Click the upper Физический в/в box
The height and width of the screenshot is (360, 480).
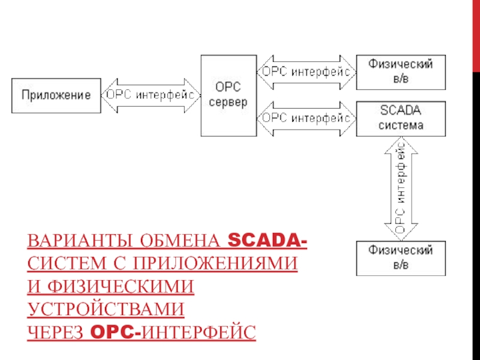pyautogui.click(x=401, y=71)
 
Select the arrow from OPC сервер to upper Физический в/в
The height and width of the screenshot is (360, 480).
pyautogui.click(x=306, y=71)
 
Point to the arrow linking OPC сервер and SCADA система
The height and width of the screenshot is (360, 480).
pyautogui.click(x=306, y=118)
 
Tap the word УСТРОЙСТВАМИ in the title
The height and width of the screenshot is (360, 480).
pyautogui.click(x=105, y=309)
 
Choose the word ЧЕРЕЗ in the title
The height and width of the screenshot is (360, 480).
pyautogui.click(x=56, y=331)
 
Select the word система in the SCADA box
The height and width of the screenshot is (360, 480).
pyautogui.click(x=401, y=125)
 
